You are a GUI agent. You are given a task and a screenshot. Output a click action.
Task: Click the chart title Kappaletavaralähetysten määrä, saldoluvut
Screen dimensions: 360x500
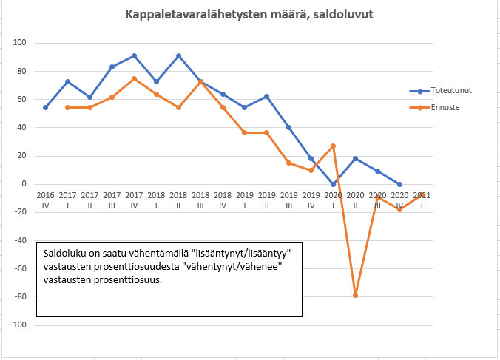pyautogui.click(x=249, y=15)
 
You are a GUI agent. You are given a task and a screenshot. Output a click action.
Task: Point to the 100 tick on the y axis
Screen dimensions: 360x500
pyautogui.click(x=20, y=43)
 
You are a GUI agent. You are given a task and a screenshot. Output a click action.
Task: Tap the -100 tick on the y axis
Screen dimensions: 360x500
pyautogui.click(x=18, y=325)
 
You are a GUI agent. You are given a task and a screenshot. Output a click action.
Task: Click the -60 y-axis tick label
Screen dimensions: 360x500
pyautogui.click(x=20, y=268)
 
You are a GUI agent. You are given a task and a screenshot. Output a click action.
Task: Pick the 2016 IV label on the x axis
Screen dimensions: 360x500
pyautogui.click(x=46, y=200)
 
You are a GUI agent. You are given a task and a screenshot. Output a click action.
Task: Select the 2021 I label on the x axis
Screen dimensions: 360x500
pyautogui.click(x=422, y=200)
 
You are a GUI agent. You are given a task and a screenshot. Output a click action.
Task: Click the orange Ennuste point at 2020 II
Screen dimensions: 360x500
pyautogui.click(x=356, y=295)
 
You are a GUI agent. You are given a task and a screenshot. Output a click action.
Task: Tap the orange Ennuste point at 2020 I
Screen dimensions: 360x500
pyautogui.click(x=334, y=146)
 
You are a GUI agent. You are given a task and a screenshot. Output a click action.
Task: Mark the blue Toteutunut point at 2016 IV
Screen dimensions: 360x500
pyautogui.click(x=46, y=107)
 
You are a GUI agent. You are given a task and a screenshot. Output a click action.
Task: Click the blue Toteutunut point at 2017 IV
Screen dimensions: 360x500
pyautogui.click(x=134, y=55)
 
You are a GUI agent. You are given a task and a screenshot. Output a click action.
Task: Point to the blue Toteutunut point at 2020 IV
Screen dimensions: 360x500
pyautogui.click(x=399, y=184)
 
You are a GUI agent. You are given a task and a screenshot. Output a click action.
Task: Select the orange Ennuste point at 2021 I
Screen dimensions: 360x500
pyautogui.click(x=422, y=194)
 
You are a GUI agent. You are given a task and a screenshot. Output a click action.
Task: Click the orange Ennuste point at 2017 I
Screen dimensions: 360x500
pyautogui.click(x=68, y=107)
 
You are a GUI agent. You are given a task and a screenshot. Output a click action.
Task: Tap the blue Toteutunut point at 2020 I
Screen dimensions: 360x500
pyautogui.click(x=334, y=184)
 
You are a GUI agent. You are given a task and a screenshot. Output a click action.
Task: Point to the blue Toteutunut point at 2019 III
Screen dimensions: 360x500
pyautogui.click(x=289, y=127)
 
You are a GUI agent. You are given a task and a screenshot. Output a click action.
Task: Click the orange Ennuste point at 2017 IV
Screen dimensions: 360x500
pyautogui.click(x=134, y=78)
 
